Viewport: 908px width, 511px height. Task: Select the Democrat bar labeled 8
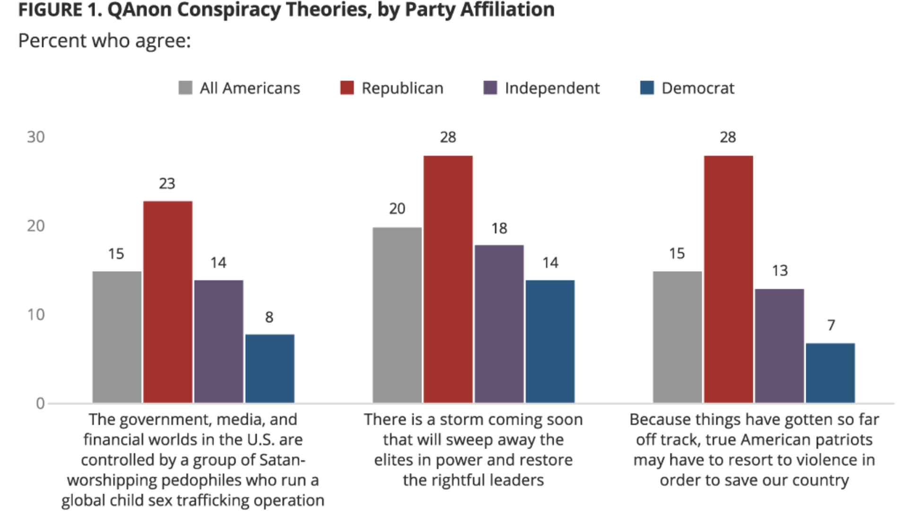click(x=270, y=369)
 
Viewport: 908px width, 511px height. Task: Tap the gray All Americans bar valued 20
click(x=397, y=315)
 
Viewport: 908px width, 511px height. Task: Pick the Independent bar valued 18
click(x=499, y=324)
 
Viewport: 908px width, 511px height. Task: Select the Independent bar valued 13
click(x=779, y=346)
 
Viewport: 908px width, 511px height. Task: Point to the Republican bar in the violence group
click(x=728, y=279)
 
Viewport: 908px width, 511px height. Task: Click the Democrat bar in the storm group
click(x=550, y=342)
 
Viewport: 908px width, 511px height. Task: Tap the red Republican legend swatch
click(x=347, y=88)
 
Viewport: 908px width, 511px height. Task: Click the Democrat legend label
click(x=698, y=88)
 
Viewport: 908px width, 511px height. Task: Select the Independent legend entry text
click(x=552, y=88)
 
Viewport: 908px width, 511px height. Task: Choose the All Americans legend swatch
click(x=185, y=88)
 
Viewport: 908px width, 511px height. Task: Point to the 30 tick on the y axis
click(x=36, y=137)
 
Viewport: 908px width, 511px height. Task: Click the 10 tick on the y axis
click(x=36, y=315)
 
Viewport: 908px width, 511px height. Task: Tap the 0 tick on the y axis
click(x=40, y=404)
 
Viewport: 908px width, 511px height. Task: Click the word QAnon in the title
click(x=140, y=10)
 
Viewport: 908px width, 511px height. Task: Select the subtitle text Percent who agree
click(x=105, y=41)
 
